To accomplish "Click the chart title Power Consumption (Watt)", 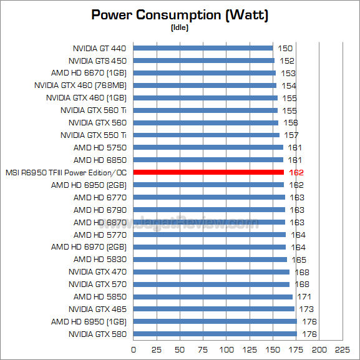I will click(x=180, y=15).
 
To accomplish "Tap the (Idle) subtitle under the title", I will click(x=180, y=27).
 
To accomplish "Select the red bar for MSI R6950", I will click(x=208, y=172).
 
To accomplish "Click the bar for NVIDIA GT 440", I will click(x=203, y=48).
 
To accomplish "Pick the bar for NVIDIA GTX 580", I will click(x=215, y=334).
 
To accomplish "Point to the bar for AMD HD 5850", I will click(x=213, y=296).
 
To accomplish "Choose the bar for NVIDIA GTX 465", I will click(x=213, y=309).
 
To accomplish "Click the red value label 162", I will click(x=296, y=172).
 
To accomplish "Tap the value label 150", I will click(x=285, y=48).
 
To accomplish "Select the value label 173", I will click(x=306, y=309).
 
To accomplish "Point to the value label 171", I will click(x=304, y=296).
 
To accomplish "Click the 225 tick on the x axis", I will click(x=342, y=348).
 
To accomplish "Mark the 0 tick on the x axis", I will click(x=133, y=348).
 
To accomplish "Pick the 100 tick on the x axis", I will click(x=226, y=348).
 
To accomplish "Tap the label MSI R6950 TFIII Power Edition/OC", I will click(x=66, y=172).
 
